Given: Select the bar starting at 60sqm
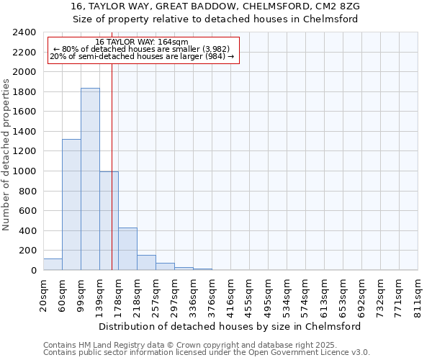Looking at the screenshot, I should [x=71, y=204].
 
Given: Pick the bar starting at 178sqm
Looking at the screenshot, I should [x=127, y=249].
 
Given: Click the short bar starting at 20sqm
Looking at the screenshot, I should [x=53, y=264].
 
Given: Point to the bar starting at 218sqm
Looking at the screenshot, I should [x=146, y=263].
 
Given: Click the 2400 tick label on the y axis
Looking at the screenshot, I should [x=24, y=32].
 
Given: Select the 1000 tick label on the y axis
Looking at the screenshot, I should [x=24, y=171].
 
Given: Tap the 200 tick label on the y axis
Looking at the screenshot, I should [x=27, y=251].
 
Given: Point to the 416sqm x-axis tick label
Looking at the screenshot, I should [x=231, y=295].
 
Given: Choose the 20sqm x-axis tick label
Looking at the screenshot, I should [x=44, y=295].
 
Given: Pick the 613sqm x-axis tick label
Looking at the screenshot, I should [x=325, y=295].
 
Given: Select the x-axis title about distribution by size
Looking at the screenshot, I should [x=229, y=326].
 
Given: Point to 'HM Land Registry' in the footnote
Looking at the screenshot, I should [x=105, y=345].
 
